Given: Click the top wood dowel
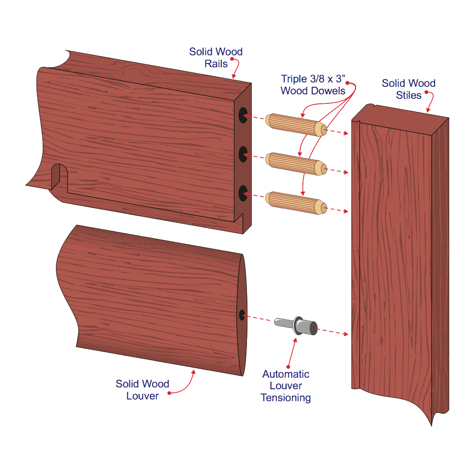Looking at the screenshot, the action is click(296, 125).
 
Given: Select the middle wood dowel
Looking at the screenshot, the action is click(296, 164).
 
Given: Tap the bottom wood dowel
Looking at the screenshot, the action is click(296, 202).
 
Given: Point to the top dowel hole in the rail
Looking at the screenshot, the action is click(243, 115).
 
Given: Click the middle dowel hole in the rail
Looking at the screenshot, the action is click(243, 154).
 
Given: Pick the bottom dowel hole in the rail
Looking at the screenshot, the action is click(243, 193).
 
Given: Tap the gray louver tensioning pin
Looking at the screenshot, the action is click(296, 326).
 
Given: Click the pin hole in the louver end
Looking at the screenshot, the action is click(242, 315).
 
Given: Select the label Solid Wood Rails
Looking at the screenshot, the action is click(216, 57).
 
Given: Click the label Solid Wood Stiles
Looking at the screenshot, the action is click(409, 89).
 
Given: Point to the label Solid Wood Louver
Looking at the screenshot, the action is click(142, 390).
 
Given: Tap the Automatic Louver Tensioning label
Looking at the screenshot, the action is click(286, 386).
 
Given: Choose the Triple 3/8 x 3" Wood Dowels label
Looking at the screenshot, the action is click(313, 85).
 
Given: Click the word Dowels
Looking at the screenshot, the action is click(328, 91).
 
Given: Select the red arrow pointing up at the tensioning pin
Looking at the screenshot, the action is click(292, 353).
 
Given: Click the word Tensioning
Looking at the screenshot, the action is click(286, 398).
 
